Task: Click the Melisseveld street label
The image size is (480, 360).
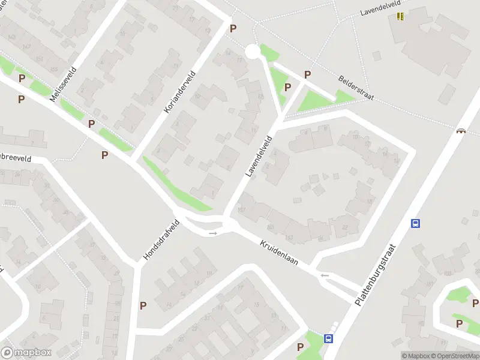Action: (x=64, y=83)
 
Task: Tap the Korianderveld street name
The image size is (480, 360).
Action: (x=179, y=92)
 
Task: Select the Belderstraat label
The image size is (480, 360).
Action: (x=356, y=87)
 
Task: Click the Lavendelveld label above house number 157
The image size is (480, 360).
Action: (x=259, y=155)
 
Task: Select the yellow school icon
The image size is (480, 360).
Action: (x=400, y=16)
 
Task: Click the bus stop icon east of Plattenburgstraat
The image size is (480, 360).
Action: (x=415, y=223)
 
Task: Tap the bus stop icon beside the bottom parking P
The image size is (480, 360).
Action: (x=329, y=338)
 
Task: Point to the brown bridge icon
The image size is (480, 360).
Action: (x=461, y=130)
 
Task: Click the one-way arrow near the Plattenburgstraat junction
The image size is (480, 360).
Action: (x=325, y=275)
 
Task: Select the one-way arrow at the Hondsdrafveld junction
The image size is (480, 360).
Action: (x=212, y=233)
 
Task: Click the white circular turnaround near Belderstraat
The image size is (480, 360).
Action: (x=253, y=52)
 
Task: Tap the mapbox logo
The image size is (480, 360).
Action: (x=26, y=353)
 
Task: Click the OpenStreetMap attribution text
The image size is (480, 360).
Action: (x=454, y=356)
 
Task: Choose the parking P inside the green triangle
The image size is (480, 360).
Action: (x=287, y=88)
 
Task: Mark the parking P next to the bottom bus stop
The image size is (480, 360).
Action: (x=300, y=346)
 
